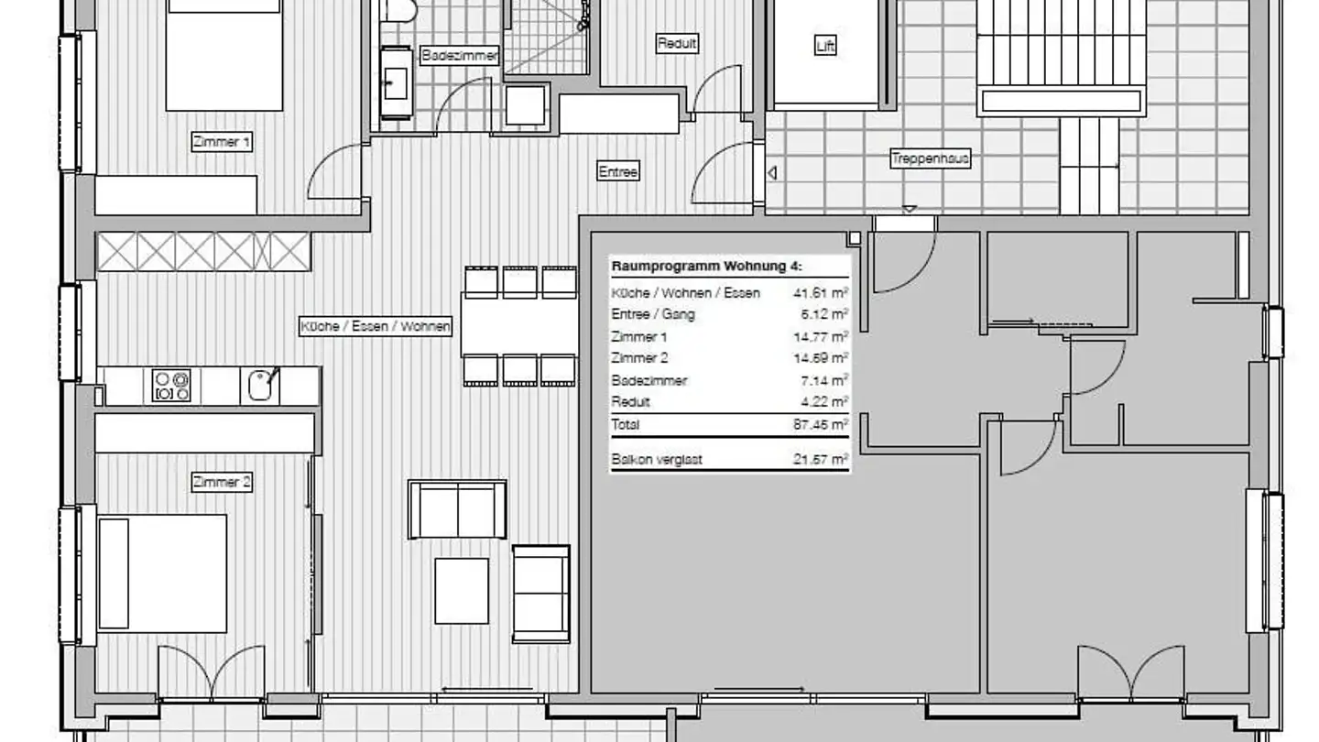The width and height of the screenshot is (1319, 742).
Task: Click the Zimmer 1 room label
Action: pyautogui.click(x=222, y=142)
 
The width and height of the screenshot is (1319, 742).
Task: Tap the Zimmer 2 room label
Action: pyautogui.click(x=222, y=482)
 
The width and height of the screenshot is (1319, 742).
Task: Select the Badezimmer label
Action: pyautogui.click(x=460, y=56)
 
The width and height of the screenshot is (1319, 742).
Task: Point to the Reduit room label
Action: pyautogui.click(x=677, y=44)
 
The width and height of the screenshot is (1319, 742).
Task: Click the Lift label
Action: pyautogui.click(x=825, y=46)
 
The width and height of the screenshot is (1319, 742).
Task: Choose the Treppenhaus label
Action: pyautogui.click(x=930, y=158)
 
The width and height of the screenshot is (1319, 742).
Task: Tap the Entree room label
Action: pyautogui.click(x=617, y=171)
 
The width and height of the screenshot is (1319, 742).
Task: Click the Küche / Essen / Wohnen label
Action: pyautogui.click(x=376, y=326)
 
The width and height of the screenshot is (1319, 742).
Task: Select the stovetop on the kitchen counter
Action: pyautogui.click(x=171, y=386)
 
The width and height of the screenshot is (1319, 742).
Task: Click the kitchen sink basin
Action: pyautogui.click(x=260, y=386)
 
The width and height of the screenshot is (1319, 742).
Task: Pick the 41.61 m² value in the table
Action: pyautogui.click(x=821, y=293)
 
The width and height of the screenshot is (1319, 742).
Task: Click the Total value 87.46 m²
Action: pyautogui.click(x=821, y=424)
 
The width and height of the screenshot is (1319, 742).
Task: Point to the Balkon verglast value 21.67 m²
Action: pyautogui.click(x=821, y=459)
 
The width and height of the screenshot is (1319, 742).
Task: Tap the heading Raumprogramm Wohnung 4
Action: pyautogui.click(x=706, y=267)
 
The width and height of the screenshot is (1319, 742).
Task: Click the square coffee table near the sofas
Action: pyautogui.click(x=462, y=591)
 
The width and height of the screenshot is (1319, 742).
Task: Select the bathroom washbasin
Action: pyautogui.click(x=396, y=83)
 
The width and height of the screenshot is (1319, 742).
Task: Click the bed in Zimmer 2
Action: pyautogui.click(x=162, y=573)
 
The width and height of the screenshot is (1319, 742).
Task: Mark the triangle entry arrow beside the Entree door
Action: pyautogui.click(x=772, y=173)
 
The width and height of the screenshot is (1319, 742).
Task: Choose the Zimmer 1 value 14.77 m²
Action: pyautogui.click(x=821, y=337)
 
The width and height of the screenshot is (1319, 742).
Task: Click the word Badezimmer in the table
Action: pyautogui.click(x=649, y=380)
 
